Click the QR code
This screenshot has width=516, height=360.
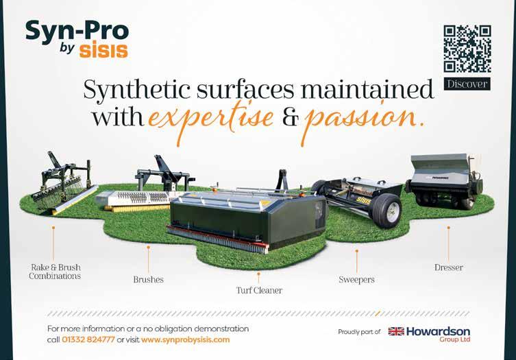click(x=467, y=49)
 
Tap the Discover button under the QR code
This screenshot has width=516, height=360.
click(x=467, y=84)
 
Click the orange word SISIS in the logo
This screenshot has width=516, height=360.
click(x=103, y=50)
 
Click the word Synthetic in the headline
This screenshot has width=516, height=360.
click(x=137, y=90)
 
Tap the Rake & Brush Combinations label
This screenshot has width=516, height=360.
click(x=55, y=272)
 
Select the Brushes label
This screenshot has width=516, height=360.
click(x=149, y=279)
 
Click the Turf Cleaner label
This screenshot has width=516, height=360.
click(x=259, y=290)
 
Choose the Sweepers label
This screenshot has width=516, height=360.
click(x=357, y=280)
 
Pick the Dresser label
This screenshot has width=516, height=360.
click(x=449, y=267)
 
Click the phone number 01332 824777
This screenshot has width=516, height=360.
click(x=88, y=339)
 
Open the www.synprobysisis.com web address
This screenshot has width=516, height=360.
click(x=186, y=339)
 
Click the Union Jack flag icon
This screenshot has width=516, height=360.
click(x=396, y=331)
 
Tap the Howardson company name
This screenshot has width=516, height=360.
click(x=439, y=331)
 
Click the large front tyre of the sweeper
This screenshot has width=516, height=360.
click(x=389, y=211)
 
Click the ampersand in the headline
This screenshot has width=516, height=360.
click(x=291, y=118)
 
